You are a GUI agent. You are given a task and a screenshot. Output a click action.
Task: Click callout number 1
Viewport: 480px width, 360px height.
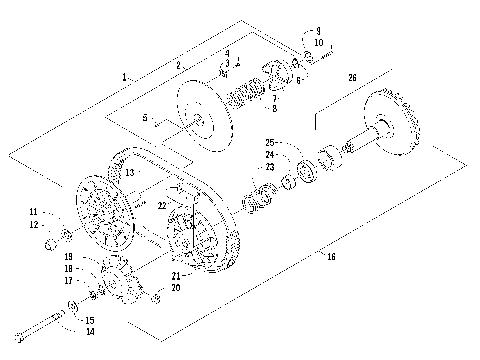tap(124, 77)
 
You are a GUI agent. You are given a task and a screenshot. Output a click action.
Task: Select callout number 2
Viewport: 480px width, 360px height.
tap(178, 64)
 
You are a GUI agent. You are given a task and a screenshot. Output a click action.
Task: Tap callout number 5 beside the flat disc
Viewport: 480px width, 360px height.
tap(146, 118)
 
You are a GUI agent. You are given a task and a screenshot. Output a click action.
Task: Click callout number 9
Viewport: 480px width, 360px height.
tap(318, 31)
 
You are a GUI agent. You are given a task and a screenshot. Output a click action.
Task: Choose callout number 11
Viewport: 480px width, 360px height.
tap(34, 212)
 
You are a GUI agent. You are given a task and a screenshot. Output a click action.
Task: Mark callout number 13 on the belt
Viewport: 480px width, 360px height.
tap(129, 173)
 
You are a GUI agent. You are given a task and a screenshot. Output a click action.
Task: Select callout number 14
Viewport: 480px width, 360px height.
tap(90, 331)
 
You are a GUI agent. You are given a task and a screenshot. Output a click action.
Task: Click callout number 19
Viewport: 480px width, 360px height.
tap(69, 258)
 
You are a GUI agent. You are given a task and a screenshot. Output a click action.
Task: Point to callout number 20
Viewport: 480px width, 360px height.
tap(176, 287)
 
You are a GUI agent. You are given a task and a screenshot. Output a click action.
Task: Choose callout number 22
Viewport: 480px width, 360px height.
tap(161, 205)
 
